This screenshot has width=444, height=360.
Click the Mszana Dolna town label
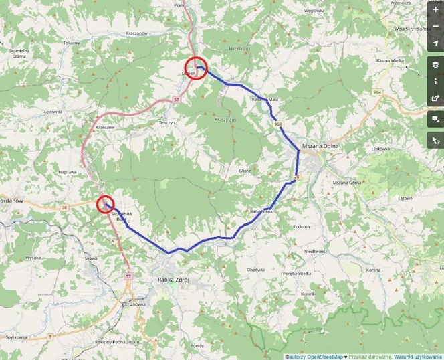pos(321,146)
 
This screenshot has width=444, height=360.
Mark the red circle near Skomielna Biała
pos(105,203)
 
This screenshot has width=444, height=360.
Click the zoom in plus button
pos(435,10)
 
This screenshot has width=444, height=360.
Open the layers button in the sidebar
pos(435,65)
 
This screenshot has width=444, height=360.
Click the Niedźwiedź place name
pos(315,252)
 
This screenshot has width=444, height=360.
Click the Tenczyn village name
pos(166,123)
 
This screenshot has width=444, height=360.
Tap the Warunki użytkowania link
pos(418,356)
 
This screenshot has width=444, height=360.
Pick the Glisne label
pos(245,171)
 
